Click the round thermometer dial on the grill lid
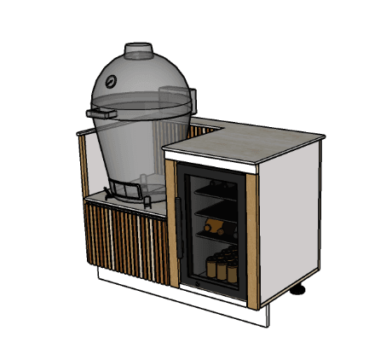[110, 84]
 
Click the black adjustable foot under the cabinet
[298, 291]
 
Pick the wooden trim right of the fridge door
[252, 239]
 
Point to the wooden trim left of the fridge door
[172, 222]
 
